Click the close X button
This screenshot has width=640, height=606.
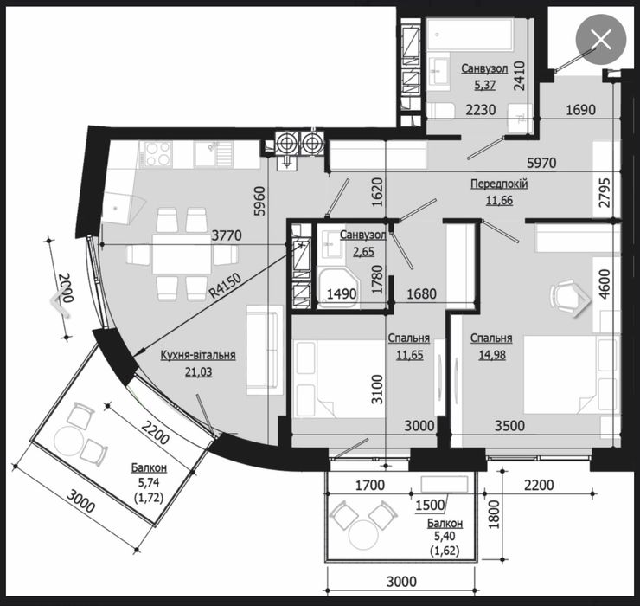tap(600, 39)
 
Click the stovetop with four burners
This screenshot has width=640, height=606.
tap(157, 153)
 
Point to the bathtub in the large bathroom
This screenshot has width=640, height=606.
tap(472, 36)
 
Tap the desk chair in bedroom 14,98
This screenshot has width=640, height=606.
tap(566, 295)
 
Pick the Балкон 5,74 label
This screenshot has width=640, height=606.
tap(150, 475)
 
